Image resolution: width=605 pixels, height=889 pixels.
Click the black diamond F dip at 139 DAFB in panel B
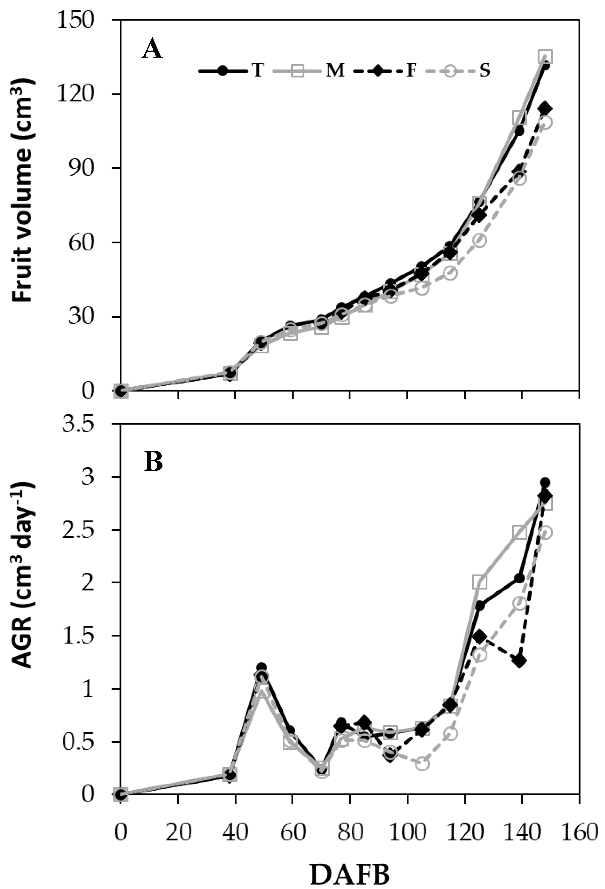pyautogui.click(x=519, y=661)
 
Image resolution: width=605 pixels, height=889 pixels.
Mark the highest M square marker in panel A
pyautogui.click(x=545, y=56)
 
